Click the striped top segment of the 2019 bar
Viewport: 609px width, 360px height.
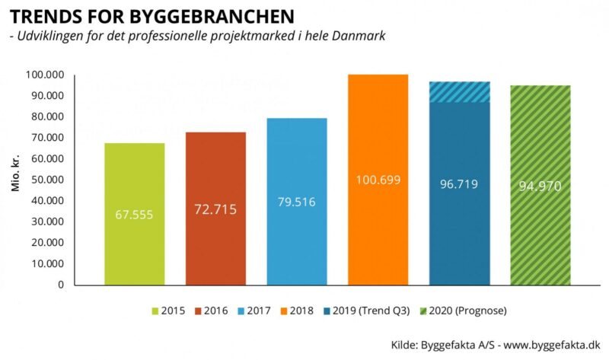click(x=459, y=91)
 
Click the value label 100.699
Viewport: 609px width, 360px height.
click(x=378, y=180)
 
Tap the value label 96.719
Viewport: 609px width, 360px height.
click(x=459, y=184)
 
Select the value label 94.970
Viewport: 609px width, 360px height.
click(x=540, y=186)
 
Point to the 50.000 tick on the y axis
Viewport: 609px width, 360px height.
click(x=47, y=180)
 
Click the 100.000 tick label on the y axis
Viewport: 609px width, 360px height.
click(x=44, y=75)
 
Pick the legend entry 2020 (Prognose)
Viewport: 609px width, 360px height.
click(x=462, y=311)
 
